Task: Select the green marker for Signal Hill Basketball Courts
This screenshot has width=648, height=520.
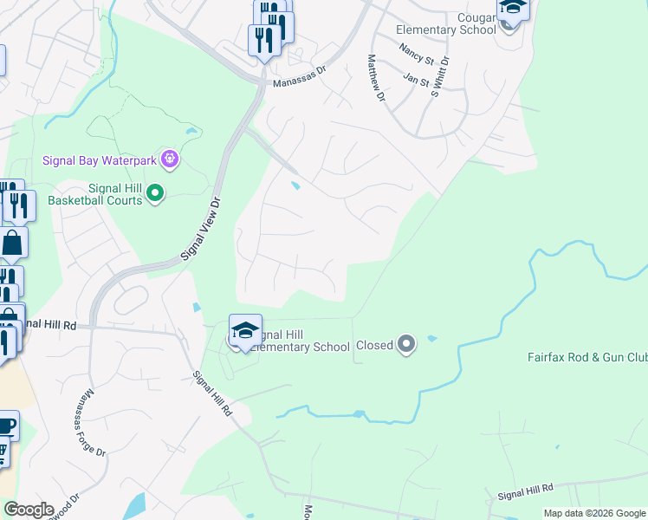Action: pyautogui.click(x=155, y=192)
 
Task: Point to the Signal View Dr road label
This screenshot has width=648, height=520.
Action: pyautogui.click(x=203, y=229)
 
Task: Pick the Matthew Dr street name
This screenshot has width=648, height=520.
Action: pyautogui.click(x=375, y=79)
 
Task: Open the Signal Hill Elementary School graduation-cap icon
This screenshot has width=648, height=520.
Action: pyautogui.click(x=245, y=330)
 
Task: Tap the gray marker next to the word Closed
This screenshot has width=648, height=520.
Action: pyautogui.click(x=406, y=345)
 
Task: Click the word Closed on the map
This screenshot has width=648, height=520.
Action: pyautogui.click(x=374, y=346)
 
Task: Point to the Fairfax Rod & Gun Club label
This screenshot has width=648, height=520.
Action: pyautogui.click(x=587, y=357)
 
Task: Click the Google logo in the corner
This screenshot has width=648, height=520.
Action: pyautogui.click(x=29, y=510)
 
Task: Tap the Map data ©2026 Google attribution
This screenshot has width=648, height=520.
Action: pyautogui.click(x=593, y=513)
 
